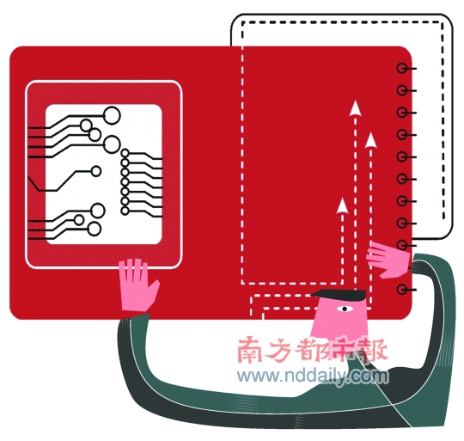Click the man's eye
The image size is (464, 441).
tap(345, 309)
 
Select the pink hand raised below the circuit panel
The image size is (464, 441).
tap(137, 285)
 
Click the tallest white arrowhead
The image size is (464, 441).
tap(355, 107)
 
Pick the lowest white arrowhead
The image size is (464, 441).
tap(342, 205)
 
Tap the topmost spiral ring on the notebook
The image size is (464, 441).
tap(401, 69)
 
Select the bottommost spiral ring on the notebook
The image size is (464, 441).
tap(401, 289)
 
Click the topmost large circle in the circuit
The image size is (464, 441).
tap(112, 115)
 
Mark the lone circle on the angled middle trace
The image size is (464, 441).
tap(96, 171)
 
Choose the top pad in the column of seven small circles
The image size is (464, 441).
tap(125, 153)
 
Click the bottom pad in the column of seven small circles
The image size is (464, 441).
tap(125, 211)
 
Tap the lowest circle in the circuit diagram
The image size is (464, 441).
tap(95, 229)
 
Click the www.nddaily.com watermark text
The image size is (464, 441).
tap(313, 376)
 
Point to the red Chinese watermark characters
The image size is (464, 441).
tap(313, 350)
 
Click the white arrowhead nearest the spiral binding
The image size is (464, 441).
tap(370, 140)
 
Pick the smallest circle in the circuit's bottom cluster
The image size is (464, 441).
tap(79, 220)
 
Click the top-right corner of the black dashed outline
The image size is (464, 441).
tap(443, 22)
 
